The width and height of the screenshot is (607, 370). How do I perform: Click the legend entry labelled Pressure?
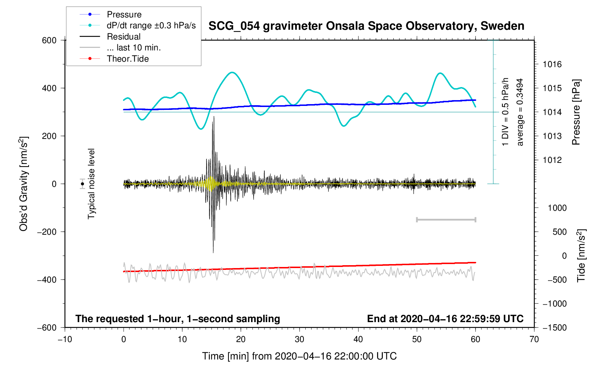coord(124,15)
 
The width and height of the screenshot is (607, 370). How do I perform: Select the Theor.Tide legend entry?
coord(127,59)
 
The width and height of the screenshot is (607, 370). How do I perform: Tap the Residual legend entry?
coord(124,37)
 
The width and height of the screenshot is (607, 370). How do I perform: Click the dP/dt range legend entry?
coord(151,25)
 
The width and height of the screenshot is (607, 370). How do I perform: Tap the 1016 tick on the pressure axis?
coord(552,65)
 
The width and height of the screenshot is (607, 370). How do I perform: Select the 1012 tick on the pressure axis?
coord(552,160)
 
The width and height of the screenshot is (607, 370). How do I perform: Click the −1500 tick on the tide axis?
coord(554,328)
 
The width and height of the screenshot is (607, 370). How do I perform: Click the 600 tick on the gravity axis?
coord(49,40)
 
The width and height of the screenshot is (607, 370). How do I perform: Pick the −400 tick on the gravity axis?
coord(47,280)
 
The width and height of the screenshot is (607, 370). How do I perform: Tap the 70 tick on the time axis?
coord(534,340)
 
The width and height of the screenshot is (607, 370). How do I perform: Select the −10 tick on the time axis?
coord(65,340)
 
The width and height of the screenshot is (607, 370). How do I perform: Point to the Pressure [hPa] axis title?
coord(576,112)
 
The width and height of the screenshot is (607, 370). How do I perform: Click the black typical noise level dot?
coord(83,184)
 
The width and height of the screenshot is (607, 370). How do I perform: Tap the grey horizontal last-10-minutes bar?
coord(446,219)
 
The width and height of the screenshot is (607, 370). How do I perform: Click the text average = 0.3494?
coord(520,112)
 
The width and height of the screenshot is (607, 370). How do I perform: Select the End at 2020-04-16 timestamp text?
coord(445,319)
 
